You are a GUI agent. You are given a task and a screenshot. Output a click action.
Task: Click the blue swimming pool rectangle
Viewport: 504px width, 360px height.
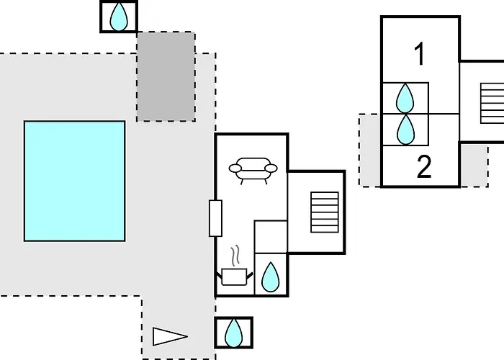click(75, 181)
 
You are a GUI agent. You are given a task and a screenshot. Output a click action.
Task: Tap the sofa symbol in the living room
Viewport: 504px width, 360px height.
click(253, 171)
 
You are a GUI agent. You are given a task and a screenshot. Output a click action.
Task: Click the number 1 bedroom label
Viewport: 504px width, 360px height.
click(420, 54)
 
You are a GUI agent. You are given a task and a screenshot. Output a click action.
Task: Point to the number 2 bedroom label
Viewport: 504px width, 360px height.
click(424, 166)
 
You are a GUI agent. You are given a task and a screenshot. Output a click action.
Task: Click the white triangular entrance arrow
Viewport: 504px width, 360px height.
click(170, 336)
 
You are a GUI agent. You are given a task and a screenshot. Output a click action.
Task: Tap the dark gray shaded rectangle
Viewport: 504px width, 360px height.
click(166, 76)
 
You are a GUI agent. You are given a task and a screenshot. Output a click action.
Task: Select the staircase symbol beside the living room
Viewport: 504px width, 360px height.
click(325, 212)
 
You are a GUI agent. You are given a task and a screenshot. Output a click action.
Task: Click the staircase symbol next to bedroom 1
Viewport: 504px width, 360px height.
click(492, 103)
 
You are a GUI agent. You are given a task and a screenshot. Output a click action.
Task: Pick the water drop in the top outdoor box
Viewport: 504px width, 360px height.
click(119, 17)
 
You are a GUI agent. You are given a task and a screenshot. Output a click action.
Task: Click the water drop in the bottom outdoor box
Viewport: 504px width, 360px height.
click(234, 333)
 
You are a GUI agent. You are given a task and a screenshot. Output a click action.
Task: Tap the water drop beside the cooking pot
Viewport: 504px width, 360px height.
click(271, 277)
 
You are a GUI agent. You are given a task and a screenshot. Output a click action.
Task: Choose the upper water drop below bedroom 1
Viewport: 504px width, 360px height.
click(405, 98)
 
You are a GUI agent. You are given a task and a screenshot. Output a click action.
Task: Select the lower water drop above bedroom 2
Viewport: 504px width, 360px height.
click(405, 130)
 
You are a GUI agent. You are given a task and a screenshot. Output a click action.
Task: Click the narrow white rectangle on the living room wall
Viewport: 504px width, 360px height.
click(215, 218)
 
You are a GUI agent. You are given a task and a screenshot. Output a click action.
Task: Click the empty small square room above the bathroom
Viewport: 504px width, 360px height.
click(271, 237)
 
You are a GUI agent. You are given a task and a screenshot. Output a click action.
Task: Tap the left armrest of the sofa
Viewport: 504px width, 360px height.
click(235, 168)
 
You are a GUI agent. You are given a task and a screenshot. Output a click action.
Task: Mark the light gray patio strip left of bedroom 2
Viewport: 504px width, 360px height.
click(369, 150)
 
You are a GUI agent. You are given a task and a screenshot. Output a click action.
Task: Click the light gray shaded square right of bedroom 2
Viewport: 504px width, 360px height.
click(474, 165)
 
